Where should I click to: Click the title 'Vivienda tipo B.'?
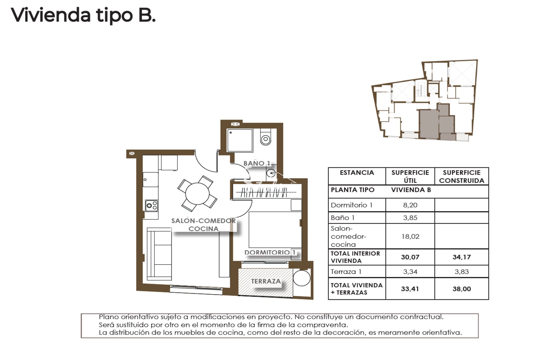(83, 15)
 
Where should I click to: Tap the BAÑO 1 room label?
(257, 163)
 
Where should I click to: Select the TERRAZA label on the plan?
(266, 281)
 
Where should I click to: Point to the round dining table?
(197, 193)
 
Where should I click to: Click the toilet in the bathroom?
(265, 137)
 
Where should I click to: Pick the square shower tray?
(240, 141)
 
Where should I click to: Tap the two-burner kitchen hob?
(152, 206)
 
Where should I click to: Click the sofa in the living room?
(159, 254)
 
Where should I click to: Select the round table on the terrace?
(301, 278)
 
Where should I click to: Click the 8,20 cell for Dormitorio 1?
(410, 205)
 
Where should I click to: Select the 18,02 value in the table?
(410, 236)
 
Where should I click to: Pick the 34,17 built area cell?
(462, 257)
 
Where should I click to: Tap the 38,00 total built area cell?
(462, 289)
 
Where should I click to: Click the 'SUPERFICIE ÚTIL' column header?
(410, 176)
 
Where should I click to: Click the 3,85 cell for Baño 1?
(410, 218)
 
